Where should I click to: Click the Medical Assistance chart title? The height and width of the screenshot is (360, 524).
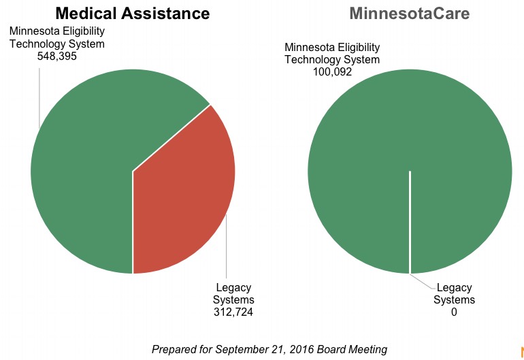[x=132, y=13]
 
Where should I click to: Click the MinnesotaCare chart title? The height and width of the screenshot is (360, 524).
[x=409, y=13]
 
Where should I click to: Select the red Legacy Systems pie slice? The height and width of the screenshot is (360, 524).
[x=187, y=197]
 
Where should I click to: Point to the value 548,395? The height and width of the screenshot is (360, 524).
[x=57, y=56]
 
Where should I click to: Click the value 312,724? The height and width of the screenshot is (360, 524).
[x=233, y=312]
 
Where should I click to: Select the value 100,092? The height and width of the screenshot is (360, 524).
[x=332, y=71]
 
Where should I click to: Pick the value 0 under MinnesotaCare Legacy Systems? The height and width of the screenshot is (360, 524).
[x=454, y=312]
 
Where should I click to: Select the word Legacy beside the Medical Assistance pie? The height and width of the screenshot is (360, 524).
[x=233, y=288]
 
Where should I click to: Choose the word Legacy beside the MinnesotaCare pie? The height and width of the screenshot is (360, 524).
[x=454, y=288]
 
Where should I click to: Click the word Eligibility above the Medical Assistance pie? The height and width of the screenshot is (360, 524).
[x=82, y=32]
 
